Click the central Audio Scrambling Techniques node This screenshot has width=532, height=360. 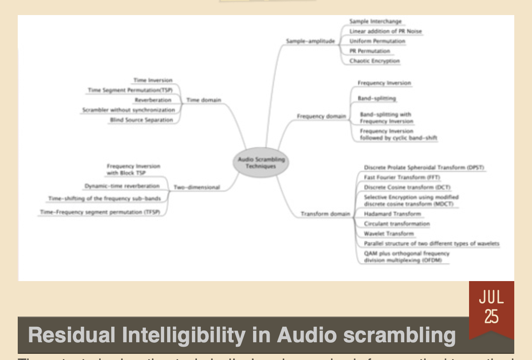tap(261, 163)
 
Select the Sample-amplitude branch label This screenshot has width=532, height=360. tap(310, 41)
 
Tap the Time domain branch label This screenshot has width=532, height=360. tap(203, 100)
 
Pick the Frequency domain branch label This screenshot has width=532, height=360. tap(321, 117)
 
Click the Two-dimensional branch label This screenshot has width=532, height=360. tap(197, 188)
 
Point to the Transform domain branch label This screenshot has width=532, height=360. tap(325, 214)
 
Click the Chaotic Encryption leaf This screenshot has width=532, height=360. tap(374, 61)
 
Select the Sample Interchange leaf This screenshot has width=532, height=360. tap(375, 21)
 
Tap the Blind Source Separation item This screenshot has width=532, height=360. tap(141, 120)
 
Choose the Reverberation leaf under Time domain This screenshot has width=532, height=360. tap(153, 100)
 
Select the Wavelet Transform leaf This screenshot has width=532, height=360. tap(388, 234)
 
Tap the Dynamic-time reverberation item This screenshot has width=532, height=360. tap(122, 186)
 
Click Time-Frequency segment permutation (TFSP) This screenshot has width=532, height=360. tap(100, 212)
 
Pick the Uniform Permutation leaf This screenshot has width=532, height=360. tap(377, 41)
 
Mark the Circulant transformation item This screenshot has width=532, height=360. tap(396, 224)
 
